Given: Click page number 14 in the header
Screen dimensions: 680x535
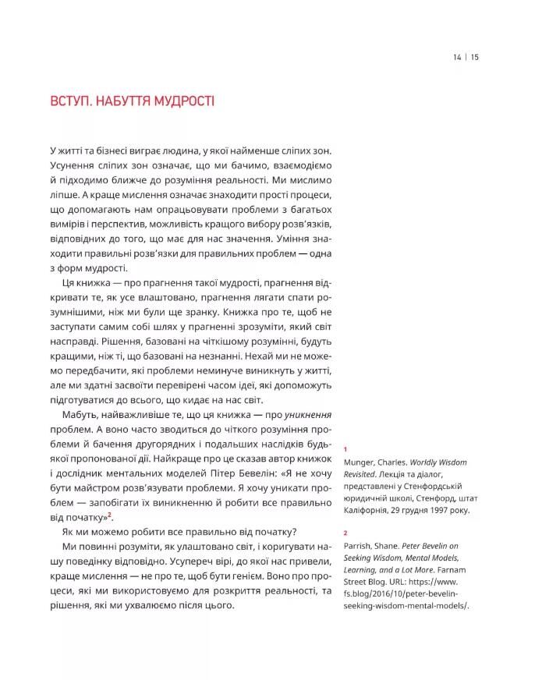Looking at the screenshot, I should click(x=456, y=56).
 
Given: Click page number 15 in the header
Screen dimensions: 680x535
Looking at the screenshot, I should click(x=475, y=56).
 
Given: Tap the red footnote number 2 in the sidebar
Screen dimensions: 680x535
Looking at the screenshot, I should click(x=345, y=534).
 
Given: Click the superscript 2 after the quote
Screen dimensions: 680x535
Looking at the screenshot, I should click(x=111, y=515).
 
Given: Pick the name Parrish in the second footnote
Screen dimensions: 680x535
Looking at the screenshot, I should click(x=360, y=547).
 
